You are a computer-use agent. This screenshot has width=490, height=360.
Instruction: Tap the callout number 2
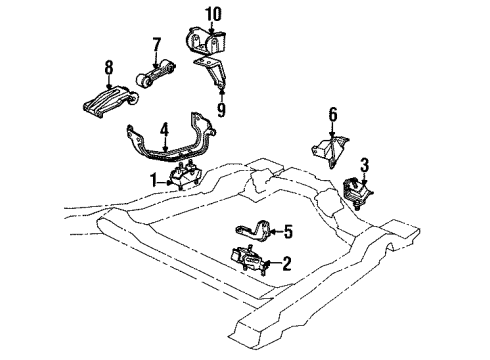click(286, 264)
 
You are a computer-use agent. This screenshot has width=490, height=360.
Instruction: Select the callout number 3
click(364, 164)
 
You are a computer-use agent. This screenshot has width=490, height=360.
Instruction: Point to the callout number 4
click(163, 129)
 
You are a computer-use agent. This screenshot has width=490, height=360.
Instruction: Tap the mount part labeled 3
click(357, 191)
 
